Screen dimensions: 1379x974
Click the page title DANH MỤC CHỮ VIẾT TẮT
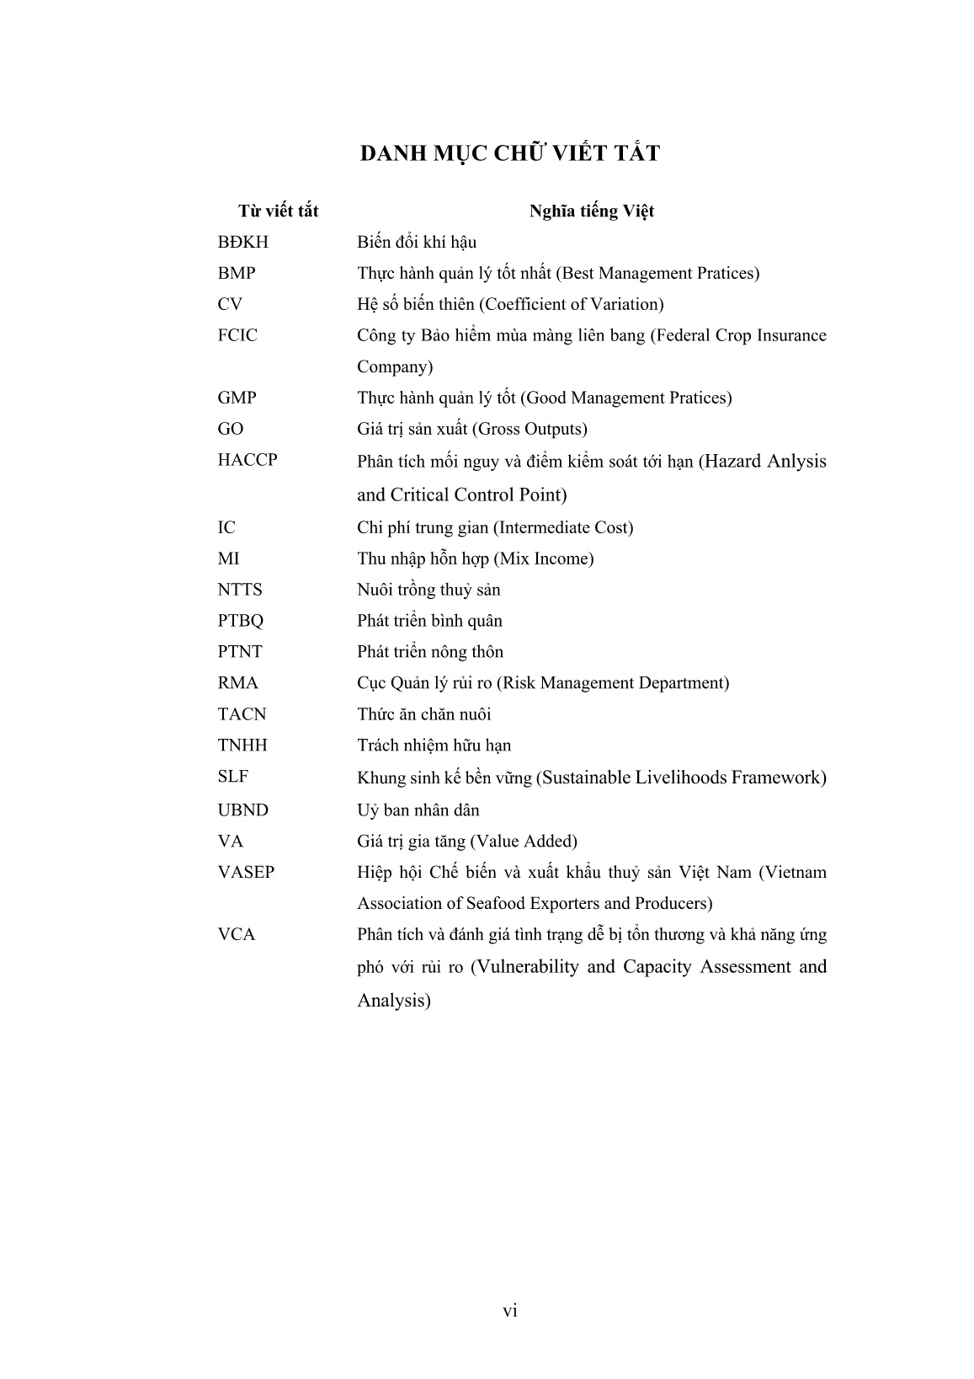tap(509, 153)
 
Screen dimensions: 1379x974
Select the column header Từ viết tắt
tap(278, 211)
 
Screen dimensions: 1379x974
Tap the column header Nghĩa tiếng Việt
tap(591, 211)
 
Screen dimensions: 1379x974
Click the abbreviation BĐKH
tap(242, 243)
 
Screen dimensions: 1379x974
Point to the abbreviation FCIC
tap(237, 335)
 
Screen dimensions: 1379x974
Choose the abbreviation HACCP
tap(247, 460)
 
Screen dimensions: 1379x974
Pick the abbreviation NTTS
tap(239, 590)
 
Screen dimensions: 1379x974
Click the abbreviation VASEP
tap(246, 872)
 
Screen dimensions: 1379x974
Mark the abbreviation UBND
tap(242, 810)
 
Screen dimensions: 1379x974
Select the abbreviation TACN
tap(242, 714)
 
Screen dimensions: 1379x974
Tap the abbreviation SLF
tap(232, 777)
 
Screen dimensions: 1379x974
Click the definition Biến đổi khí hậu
tap(417, 243)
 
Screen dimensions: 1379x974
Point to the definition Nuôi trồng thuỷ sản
tap(428, 590)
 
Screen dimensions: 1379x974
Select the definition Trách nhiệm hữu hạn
tap(434, 746)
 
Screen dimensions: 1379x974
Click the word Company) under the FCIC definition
tap(395, 366)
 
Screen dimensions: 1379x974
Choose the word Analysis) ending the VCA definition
tap(394, 1000)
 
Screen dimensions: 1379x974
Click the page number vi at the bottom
tap(509, 1311)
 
